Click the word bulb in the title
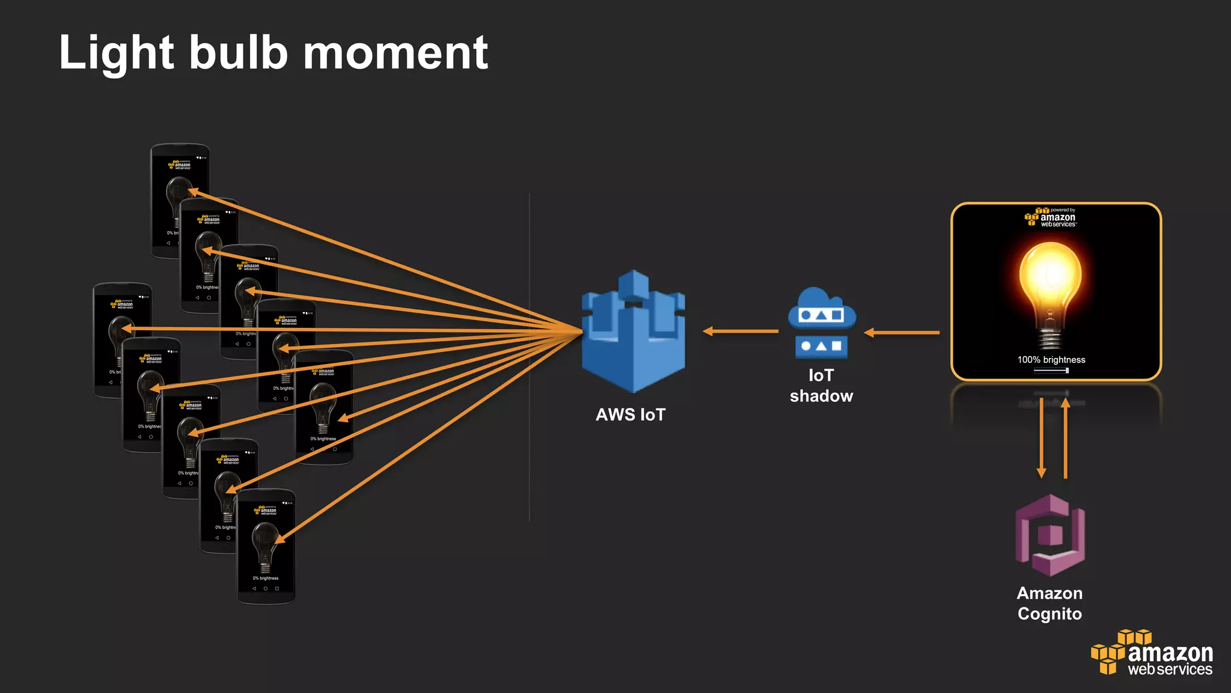pos(239,53)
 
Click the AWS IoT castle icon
pos(633,331)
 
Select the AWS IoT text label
pos(631,414)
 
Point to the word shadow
pos(821,396)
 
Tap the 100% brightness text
pos(1051,360)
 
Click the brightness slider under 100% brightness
pos(1051,371)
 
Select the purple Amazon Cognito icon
pos(1050,535)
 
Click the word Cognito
pos(1049,614)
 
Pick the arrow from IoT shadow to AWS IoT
pos(741,331)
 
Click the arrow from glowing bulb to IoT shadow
pos(902,332)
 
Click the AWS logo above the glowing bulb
pos(1051,217)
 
